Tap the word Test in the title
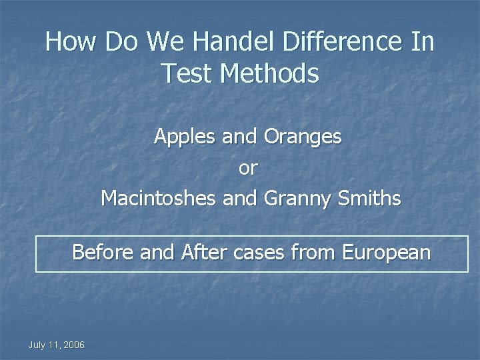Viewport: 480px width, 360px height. [x=186, y=74]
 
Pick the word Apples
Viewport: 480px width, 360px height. [x=181, y=137]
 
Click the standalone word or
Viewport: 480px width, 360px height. [x=247, y=168]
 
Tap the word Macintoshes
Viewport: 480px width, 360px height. [x=157, y=198]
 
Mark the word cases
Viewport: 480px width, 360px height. [x=260, y=253]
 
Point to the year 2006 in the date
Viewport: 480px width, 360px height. [x=74, y=344]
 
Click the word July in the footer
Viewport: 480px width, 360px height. [x=37, y=344]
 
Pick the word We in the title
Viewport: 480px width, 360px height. [x=160, y=43]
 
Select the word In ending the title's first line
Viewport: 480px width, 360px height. [x=423, y=43]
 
